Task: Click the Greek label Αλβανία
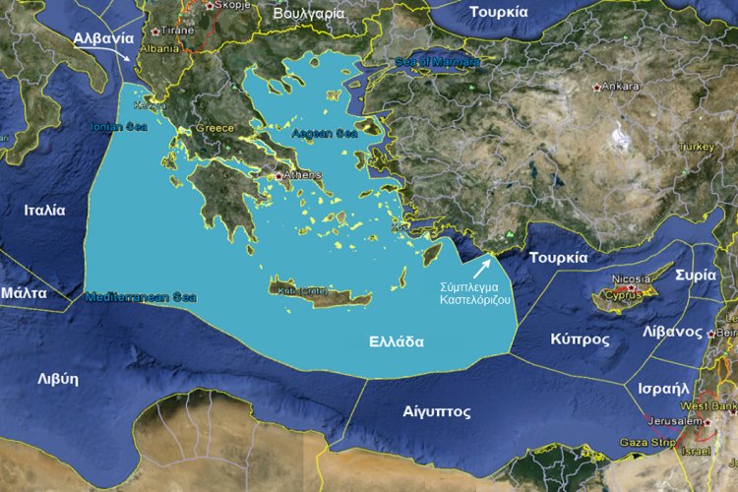[103, 38]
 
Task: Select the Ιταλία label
[45, 210]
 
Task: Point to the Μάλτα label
[23, 293]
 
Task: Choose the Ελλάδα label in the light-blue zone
[397, 342]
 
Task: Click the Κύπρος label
[581, 339]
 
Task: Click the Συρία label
[696, 276]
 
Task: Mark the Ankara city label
[620, 87]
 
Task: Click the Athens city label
[303, 175]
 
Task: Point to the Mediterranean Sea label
[141, 296]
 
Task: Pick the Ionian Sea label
[118, 126]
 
